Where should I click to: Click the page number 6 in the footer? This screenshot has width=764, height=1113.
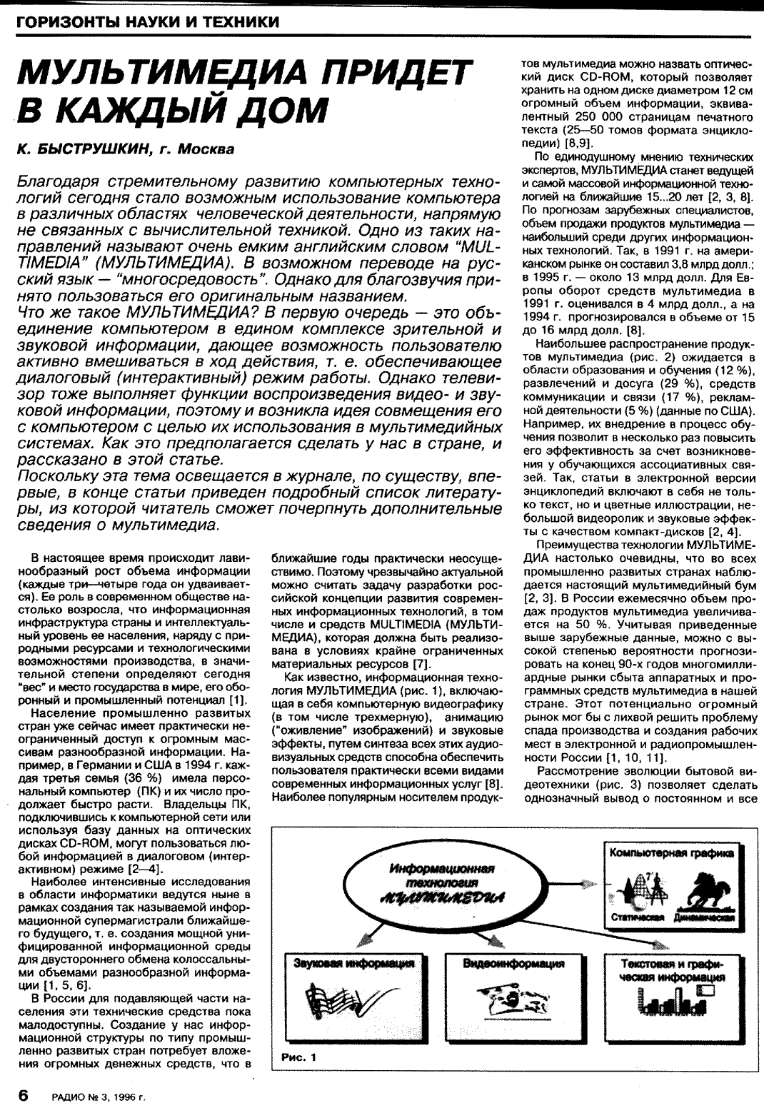[23, 1094]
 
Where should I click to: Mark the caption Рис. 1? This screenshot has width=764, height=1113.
[298, 1057]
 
